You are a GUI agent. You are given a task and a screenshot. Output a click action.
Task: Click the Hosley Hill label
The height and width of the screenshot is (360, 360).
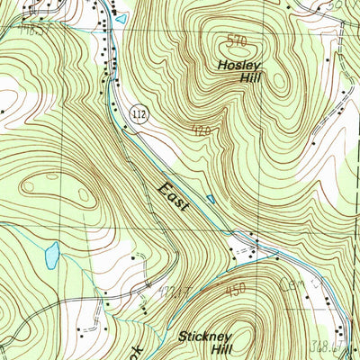click(x=237, y=71)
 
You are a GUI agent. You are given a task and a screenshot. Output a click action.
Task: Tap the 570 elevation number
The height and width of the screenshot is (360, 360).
click(x=236, y=40)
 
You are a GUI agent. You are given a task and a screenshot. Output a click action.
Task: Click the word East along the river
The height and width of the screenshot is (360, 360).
click(x=176, y=198)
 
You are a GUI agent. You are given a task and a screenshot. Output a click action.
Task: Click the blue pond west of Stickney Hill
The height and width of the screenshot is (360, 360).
click(x=51, y=256)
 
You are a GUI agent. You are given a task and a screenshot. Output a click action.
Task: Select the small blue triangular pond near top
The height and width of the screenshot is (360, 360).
click(x=121, y=17)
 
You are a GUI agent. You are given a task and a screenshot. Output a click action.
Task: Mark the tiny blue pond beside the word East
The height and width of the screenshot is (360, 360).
click(x=211, y=198)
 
